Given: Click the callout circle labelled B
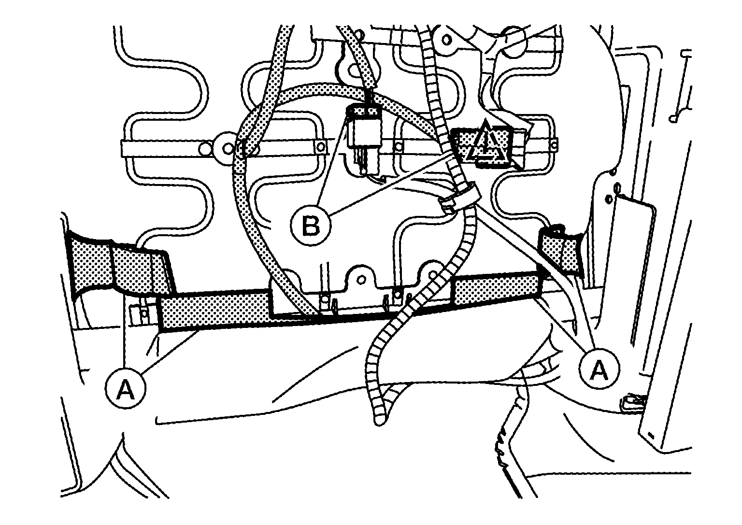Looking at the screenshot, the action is (311, 226).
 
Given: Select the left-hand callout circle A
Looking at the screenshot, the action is (126, 388).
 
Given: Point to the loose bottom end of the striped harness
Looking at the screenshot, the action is (380, 421).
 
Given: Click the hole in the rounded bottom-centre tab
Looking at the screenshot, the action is (362, 279).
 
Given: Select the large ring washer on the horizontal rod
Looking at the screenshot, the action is (227, 148).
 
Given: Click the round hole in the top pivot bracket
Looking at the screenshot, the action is (447, 40).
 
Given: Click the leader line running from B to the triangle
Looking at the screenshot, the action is (391, 184).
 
